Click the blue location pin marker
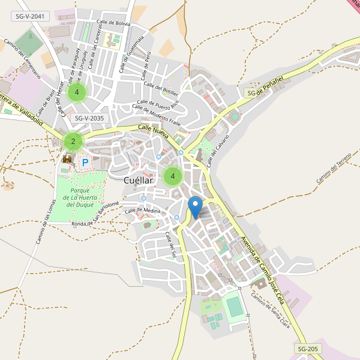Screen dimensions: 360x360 (195, 208)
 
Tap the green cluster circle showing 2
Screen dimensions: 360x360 (73, 142)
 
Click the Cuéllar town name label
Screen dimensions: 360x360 (137, 179)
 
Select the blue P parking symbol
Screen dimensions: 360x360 (85, 162)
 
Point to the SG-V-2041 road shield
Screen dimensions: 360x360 (29, 17)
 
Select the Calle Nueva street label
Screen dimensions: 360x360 (153, 130)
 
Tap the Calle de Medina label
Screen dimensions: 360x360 (143, 211)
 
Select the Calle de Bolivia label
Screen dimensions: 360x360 (115, 23)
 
